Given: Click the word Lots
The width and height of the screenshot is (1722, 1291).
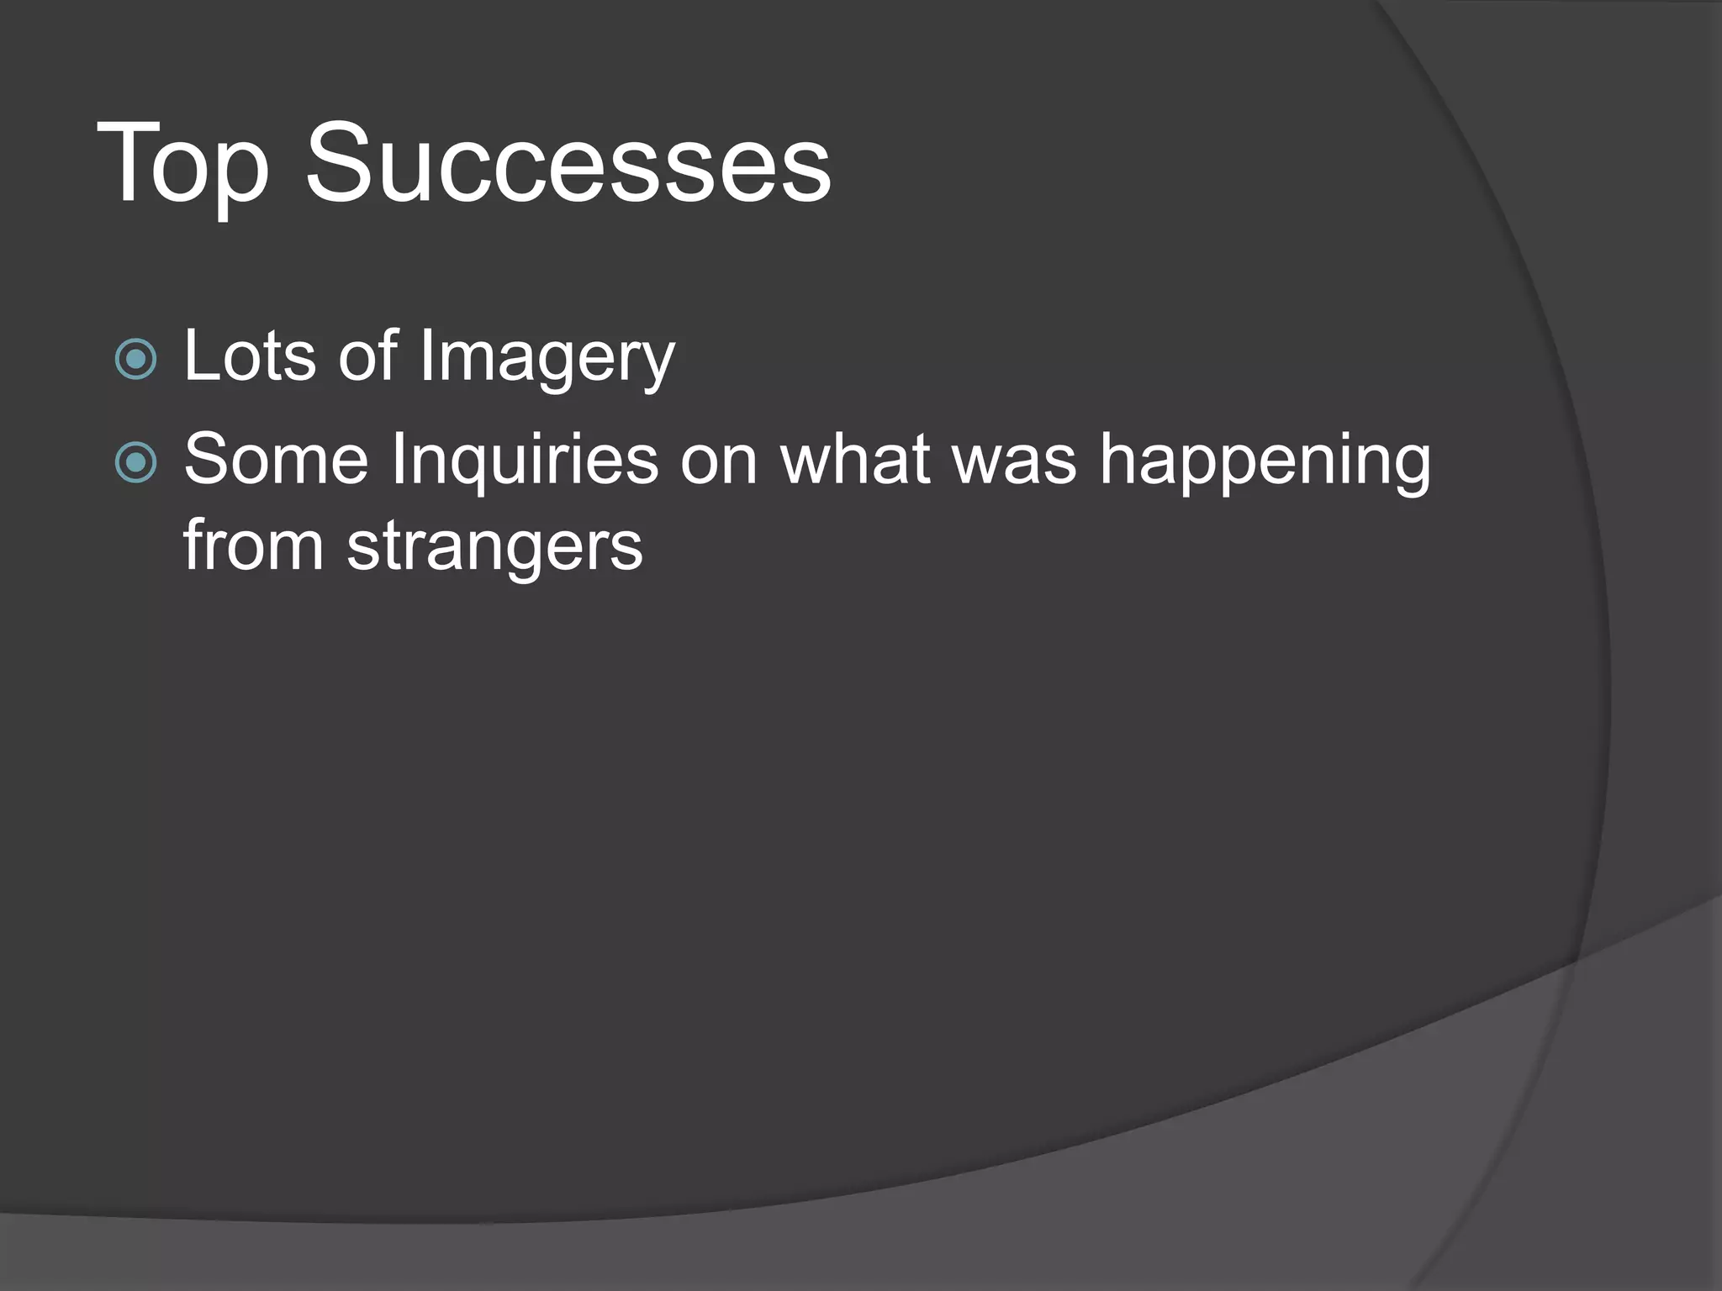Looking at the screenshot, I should [250, 356].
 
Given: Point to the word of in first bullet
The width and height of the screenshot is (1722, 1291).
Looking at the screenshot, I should [367, 356].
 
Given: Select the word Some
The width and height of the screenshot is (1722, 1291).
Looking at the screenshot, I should [276, 460].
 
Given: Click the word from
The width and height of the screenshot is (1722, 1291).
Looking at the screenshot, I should [253, 545].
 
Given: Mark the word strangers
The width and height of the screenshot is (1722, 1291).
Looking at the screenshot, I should [494, 547].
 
